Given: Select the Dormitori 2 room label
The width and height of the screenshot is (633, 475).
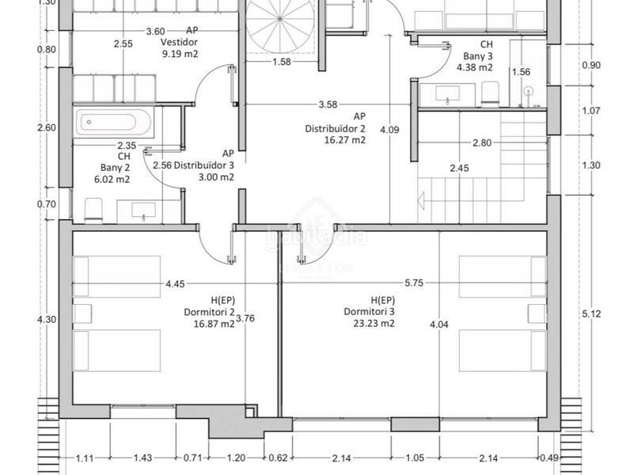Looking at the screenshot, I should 204,312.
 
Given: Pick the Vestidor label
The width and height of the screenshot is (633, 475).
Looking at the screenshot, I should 179,43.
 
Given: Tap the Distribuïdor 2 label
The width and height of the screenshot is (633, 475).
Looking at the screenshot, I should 335,128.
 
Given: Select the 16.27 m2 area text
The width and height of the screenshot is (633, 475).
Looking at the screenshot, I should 345,140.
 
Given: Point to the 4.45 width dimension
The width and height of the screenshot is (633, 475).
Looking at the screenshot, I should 177,283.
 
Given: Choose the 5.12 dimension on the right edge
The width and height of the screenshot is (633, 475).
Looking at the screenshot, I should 592,313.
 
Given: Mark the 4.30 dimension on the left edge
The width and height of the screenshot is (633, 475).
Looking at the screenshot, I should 47,320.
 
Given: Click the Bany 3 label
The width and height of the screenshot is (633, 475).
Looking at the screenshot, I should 479,56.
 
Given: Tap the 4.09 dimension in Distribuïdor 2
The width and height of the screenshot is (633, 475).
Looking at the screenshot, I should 389,130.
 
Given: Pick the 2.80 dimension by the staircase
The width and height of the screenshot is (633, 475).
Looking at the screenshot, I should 481,142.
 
